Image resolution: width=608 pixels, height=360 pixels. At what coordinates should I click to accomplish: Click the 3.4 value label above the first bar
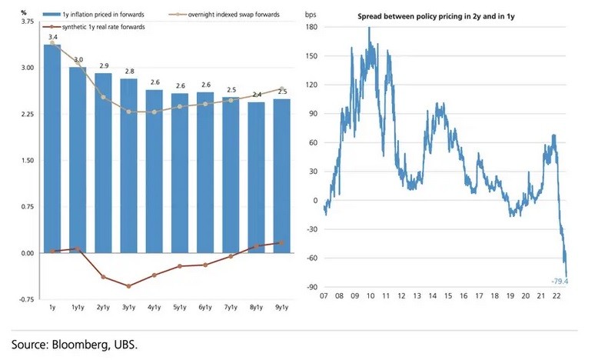coord(52,37)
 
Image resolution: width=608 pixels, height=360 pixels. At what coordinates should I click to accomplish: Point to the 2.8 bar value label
coord(129,71)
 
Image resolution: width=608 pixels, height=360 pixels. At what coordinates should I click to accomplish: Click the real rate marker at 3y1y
coord(129,286)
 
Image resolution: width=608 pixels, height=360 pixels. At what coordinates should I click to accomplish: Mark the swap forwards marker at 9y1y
coord(281,89)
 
